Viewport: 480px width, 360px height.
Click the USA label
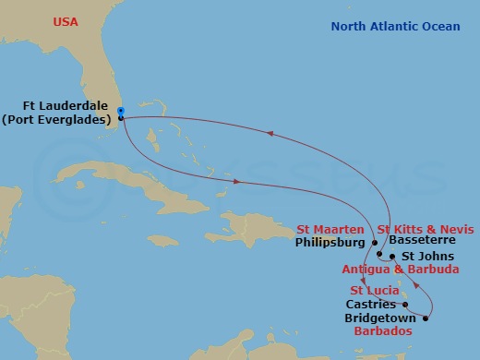tap(66, 21)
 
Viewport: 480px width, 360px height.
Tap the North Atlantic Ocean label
tap(395, 27)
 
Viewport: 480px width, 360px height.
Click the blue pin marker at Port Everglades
tap(121, 113)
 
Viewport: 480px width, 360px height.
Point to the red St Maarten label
tap(330, 228)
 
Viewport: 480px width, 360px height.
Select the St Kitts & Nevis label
tap(420, 228)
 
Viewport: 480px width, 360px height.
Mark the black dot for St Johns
tap(392, 256)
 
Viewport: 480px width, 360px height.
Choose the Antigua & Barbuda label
tap(401, 270)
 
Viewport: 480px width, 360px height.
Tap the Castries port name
tap(369, 303)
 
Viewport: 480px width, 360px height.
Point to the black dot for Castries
tap(404, 304)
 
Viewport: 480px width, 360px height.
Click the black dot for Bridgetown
tap(426, 318)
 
